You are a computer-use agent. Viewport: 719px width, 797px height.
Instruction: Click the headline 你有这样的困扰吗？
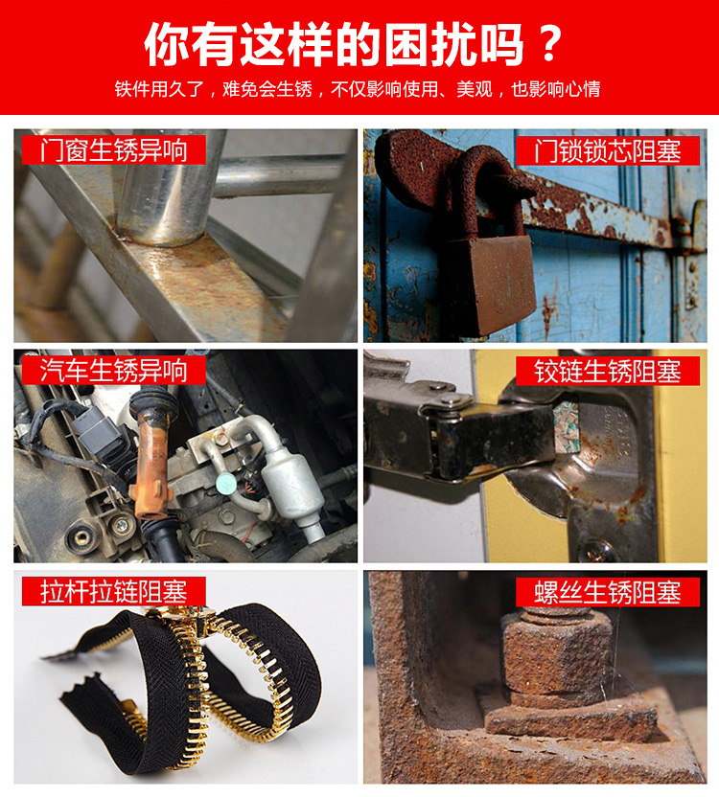[353, 45]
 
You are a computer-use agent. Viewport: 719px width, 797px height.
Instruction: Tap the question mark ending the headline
[549, 45]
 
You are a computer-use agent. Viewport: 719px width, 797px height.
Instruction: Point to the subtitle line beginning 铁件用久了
[358, 89]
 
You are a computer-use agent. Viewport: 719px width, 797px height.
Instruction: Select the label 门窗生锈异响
[113, 150]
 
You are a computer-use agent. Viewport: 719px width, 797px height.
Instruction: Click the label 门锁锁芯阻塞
[608, 150]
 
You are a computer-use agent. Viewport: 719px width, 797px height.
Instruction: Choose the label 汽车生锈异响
[113, 370]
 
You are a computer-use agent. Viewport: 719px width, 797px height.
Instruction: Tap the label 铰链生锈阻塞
[608, 371]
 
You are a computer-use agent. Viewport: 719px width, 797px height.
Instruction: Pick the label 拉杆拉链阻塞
[113, 591]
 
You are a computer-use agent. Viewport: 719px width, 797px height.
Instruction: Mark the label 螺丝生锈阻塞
[608, 592]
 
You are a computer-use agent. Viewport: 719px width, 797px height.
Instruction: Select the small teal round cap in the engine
[224, 484]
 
